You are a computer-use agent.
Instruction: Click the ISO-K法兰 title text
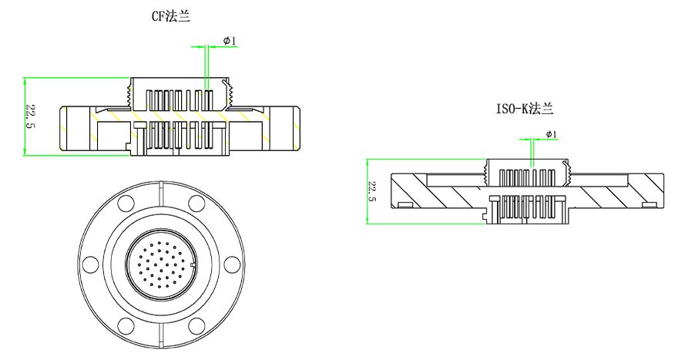524,109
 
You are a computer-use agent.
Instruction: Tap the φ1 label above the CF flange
230,40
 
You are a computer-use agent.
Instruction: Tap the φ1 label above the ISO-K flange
551,134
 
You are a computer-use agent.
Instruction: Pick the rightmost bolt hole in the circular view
229,264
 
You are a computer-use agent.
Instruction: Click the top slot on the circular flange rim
160,186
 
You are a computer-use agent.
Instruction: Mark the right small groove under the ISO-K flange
649,204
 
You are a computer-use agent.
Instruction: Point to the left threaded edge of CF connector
128,93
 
